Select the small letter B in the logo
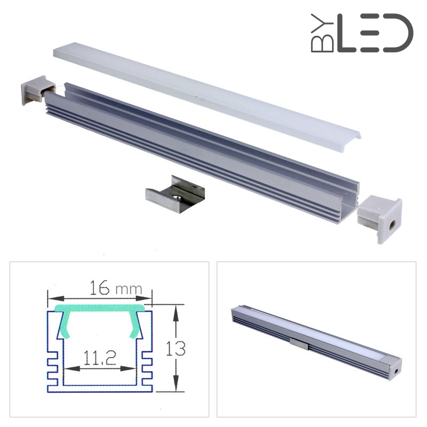pyautogui.click(x=322, y=44)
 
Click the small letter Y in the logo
pyautogui.click(x=322, y=24)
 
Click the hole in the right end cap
pyautogui.click(x=393, y=225)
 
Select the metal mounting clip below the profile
pyautogui.click(x=175, y=194)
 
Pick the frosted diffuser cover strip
pyautogui.click(x=207, y=97)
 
